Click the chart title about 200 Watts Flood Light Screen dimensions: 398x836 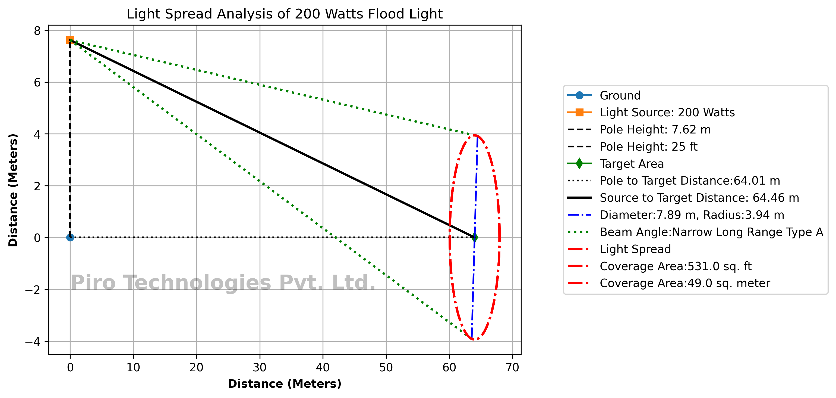284,14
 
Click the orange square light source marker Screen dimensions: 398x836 70,40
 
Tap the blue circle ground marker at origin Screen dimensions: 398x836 70,238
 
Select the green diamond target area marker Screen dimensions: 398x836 474,238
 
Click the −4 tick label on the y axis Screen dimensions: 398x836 33,341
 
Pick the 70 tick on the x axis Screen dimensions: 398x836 512,368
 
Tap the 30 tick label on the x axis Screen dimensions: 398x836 260,368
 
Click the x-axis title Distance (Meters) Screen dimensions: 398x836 284,384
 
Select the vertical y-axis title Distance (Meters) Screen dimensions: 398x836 13,190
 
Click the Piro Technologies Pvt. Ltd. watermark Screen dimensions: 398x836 223,282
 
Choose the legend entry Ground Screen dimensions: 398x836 620,95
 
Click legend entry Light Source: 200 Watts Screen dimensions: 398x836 667,113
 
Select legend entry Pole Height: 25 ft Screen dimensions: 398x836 648,147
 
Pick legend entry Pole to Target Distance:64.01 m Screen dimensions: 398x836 690,181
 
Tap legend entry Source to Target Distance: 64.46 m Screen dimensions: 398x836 699,198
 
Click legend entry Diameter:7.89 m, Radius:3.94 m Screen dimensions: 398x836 692,215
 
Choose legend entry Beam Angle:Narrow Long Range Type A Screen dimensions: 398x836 711,232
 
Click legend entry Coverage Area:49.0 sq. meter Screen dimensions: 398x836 684,283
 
